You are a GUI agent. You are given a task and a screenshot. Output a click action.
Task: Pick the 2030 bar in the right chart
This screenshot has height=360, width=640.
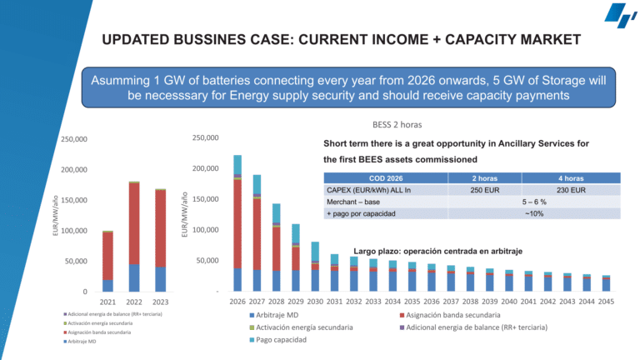pos(315,266)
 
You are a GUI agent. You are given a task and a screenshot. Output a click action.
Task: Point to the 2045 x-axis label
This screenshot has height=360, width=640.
pos(606,302)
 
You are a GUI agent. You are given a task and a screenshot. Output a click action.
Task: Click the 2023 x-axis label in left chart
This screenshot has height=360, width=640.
pos(160,302)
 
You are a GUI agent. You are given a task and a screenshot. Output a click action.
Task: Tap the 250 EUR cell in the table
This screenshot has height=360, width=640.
pos(483,189)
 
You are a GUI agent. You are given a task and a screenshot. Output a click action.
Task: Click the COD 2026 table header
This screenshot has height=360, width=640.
pos(385,177)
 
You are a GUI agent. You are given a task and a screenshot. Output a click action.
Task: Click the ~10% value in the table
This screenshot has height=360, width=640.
pos(534,213)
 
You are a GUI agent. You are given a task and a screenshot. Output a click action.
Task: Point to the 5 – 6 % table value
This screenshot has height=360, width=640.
pos(534,202)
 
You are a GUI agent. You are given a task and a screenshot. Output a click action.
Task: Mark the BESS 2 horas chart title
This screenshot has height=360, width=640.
pos(398,123)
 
